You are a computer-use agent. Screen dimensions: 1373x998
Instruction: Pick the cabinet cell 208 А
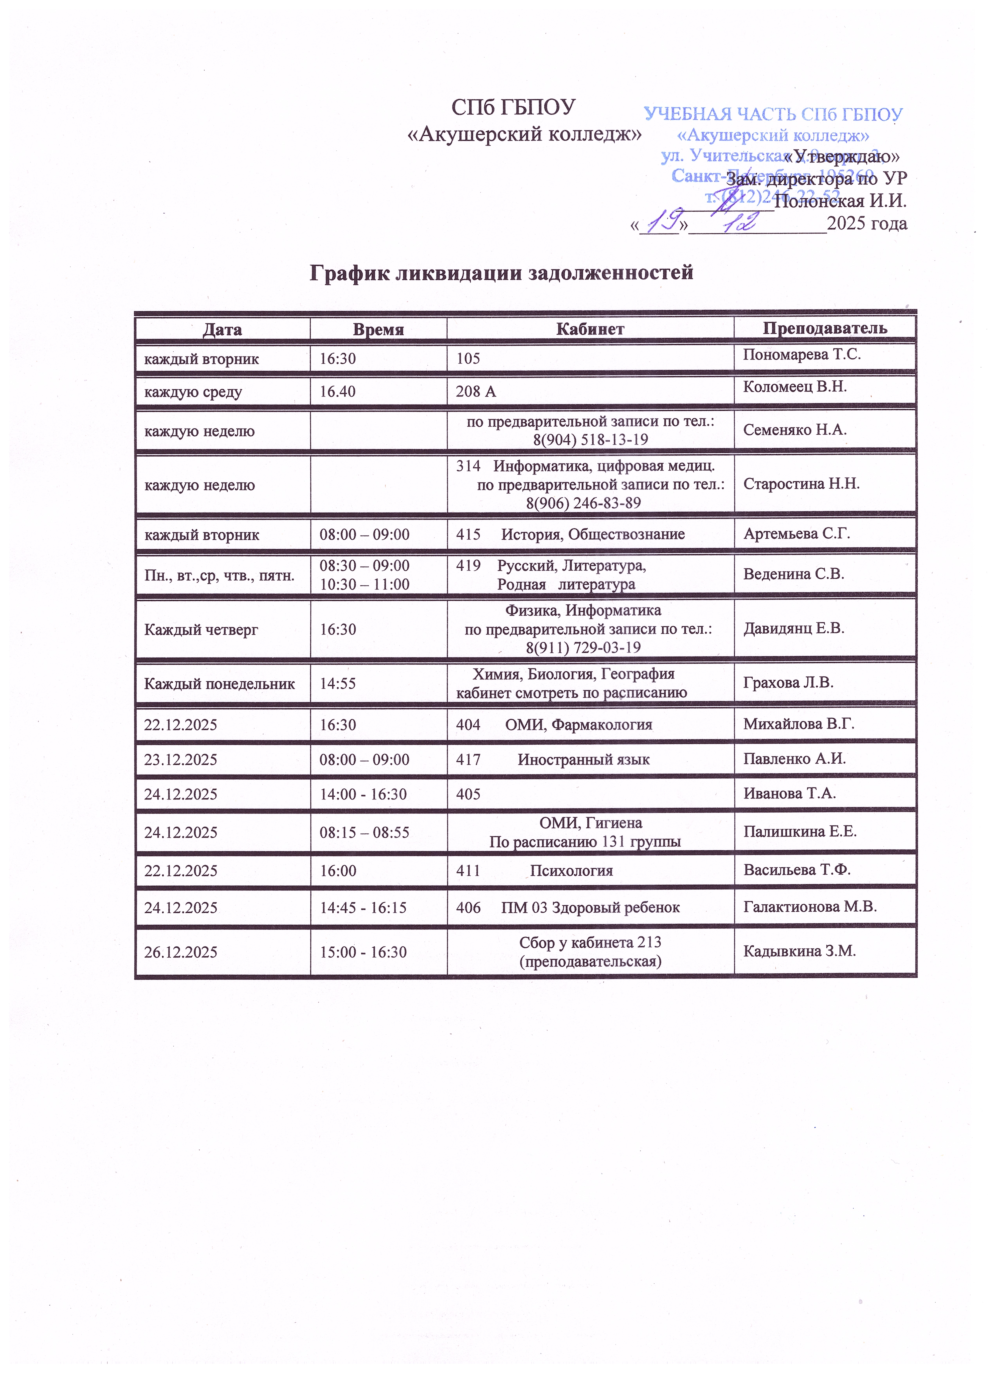point(476,392)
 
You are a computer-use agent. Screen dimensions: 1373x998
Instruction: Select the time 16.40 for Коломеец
point(337,392)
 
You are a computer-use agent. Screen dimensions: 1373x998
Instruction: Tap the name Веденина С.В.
point(793,574)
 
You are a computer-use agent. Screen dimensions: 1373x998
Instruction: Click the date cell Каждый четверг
point(201,630)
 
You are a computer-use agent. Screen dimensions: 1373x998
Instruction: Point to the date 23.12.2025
point(180,760)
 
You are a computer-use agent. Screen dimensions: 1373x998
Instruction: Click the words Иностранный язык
point(583,760)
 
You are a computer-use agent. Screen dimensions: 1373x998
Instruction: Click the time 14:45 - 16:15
point(363,908)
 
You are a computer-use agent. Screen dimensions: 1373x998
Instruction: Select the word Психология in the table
point(571,871)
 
